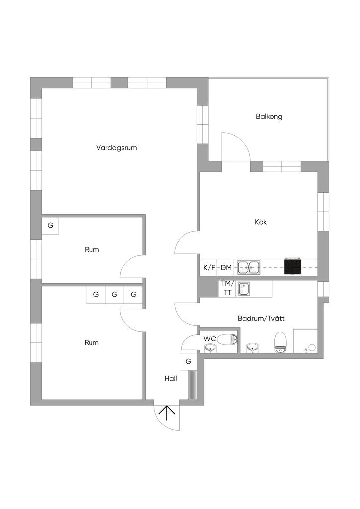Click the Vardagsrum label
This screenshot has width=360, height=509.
click(x=116, y=148)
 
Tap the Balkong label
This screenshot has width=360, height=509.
click(x=269, y=116)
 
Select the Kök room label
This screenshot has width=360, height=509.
click(x=261, y=222)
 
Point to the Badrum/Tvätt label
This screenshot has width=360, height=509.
click(x=261, y=319)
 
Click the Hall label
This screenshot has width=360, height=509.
click(x=171, y=378)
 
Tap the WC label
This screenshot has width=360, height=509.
click(x=210, y=339)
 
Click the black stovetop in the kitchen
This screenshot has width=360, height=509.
click(x=293, y=267)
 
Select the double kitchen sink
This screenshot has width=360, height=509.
click(x=248, y=267)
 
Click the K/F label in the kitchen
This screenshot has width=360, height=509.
click(x=209, y=268)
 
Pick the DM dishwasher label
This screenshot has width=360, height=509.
click(x=226, y=268)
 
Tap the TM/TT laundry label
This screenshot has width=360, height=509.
click(x=227, y=288)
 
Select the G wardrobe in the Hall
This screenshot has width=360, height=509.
click(x=188, y=361)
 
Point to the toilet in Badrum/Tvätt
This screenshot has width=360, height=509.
click(x=280, y=342)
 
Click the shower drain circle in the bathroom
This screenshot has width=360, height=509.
click(x=312, y=347)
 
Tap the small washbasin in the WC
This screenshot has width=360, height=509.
click(x=211, y=349)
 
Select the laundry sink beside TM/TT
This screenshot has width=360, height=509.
click(x=244, y=289)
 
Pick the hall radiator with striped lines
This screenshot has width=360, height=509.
click(x=193, y=385)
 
